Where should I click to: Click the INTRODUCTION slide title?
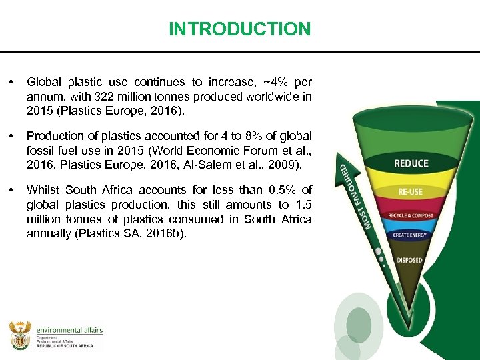coord(239,29)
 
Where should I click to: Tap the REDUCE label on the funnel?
coord(411,164)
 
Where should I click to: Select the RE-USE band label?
coord(411,191)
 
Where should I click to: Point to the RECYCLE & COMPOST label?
coord(411,216)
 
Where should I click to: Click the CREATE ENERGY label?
coord(411,235)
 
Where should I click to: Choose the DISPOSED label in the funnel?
coord(410,260)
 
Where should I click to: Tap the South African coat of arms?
coord(20,334)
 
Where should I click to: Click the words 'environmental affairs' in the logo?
coord(69,329)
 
